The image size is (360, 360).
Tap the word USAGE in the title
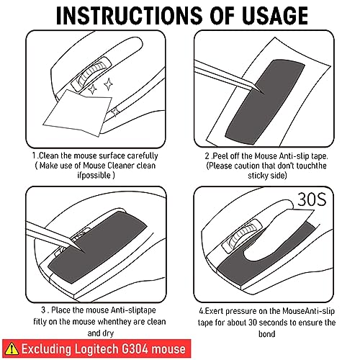coord(275,15)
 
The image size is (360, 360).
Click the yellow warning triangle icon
coord(12,348)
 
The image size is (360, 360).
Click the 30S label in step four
coord(312,199)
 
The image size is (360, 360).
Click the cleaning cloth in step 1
coord(78,112)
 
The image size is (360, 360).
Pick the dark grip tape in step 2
coord(265,102)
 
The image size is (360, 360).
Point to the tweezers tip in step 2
coord(261,92)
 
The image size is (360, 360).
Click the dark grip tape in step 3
coord(98,247)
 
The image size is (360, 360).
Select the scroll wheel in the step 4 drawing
coord(243,236)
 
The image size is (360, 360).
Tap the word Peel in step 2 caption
coord(220,156)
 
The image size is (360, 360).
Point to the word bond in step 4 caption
coord(266,334)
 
